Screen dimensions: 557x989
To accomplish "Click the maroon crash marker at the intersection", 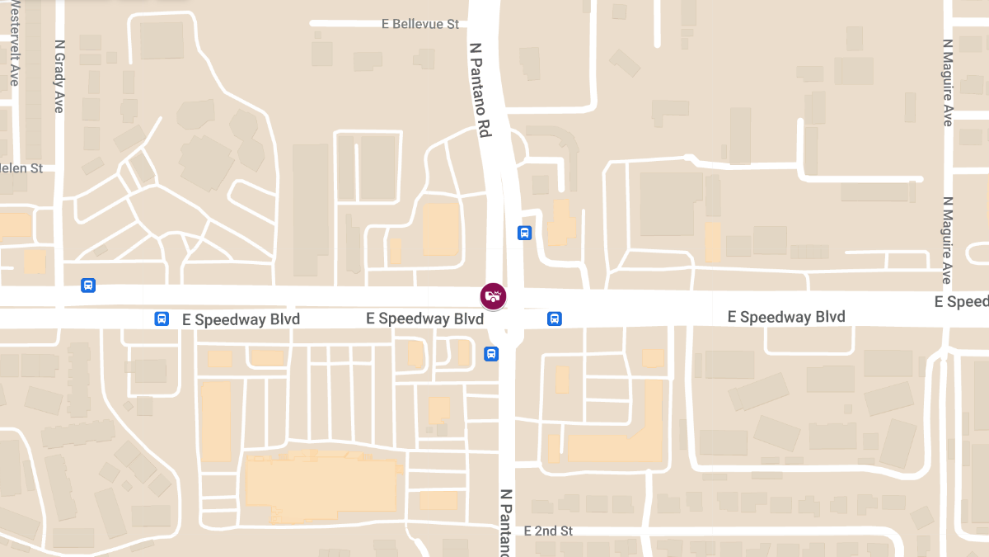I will [x=494, y=296].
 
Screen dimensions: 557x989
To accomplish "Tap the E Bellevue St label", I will [x=420, y=24].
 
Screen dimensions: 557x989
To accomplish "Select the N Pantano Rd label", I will [x=480, y=90].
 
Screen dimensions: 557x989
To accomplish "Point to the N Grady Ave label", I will [x=59, y=77].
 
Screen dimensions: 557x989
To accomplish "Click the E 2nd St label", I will [x=547, y=531].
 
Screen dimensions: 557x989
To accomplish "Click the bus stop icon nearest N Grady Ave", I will [x=88, y=286].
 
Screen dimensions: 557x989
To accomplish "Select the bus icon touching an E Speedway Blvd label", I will [x=162, y=319].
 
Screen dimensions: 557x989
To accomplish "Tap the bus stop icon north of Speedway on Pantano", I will [x=524, y=233].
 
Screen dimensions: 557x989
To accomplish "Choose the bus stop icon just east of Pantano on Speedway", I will [x=555, y=319].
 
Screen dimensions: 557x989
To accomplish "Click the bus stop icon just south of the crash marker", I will [x=491, y=354].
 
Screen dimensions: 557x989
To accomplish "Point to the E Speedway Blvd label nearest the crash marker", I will [x=424, y=319].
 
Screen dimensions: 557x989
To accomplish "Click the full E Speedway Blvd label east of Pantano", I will [x=786, y=317].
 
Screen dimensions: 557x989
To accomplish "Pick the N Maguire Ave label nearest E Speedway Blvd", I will [x=948, y=240].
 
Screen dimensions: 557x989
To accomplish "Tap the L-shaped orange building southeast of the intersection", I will [x=618, y=441].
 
